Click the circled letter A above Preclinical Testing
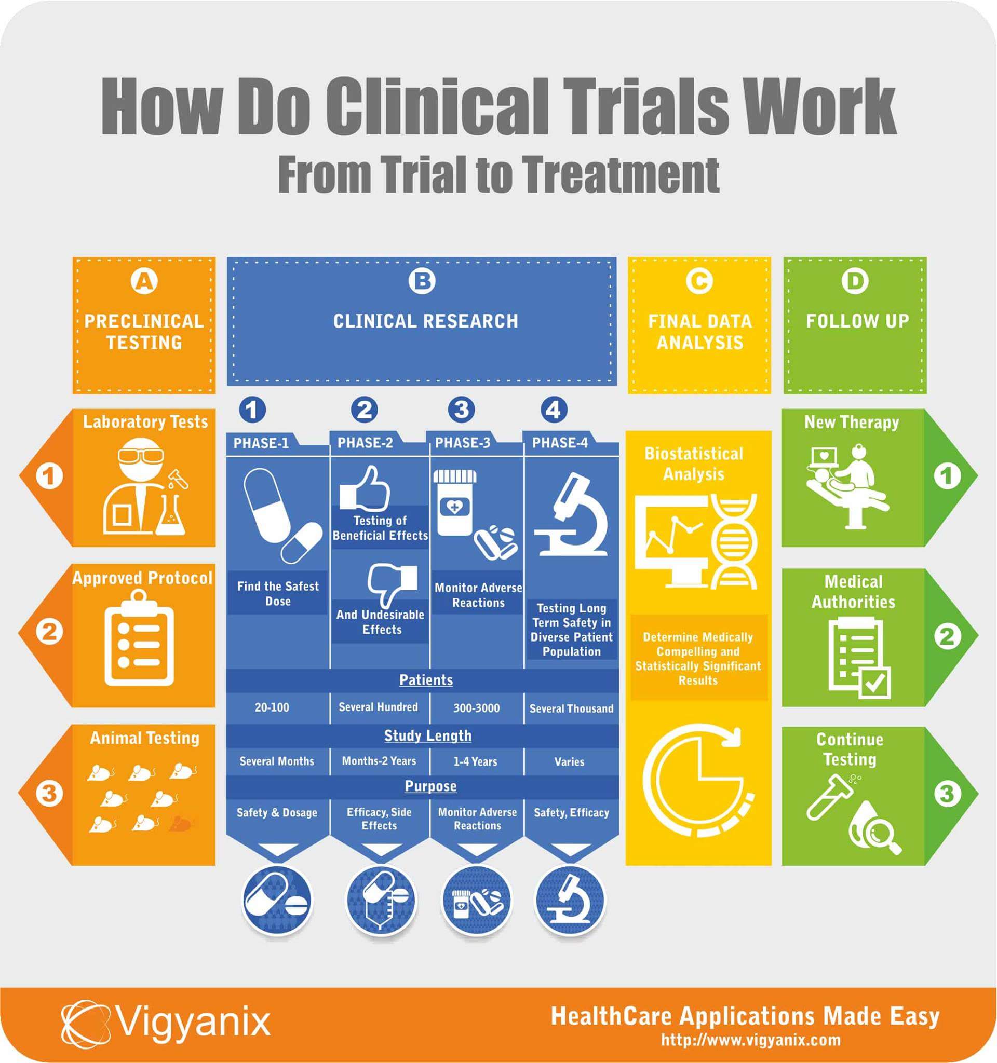pyautogui.click(x=144, y=281)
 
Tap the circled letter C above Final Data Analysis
pyautogui.click(x=699, y=281)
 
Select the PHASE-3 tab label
pyautogui.click(x=462, y=443)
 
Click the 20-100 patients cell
pyautogui.click(x=272, y=708)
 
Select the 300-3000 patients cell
pyautogui.click(x=476, y=708)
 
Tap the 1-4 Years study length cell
pyautogui.click(x=475, y=761)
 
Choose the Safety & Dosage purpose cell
pyautogui.click(x=277, y=813)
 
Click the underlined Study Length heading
pyautogui.click(x=428, y=736)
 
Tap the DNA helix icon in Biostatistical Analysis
pyautogui.click(x=734, y=541)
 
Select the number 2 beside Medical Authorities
pyautogui.click(x=947, y=636)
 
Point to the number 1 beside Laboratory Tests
pyautogui.click(x=49, y=476)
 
